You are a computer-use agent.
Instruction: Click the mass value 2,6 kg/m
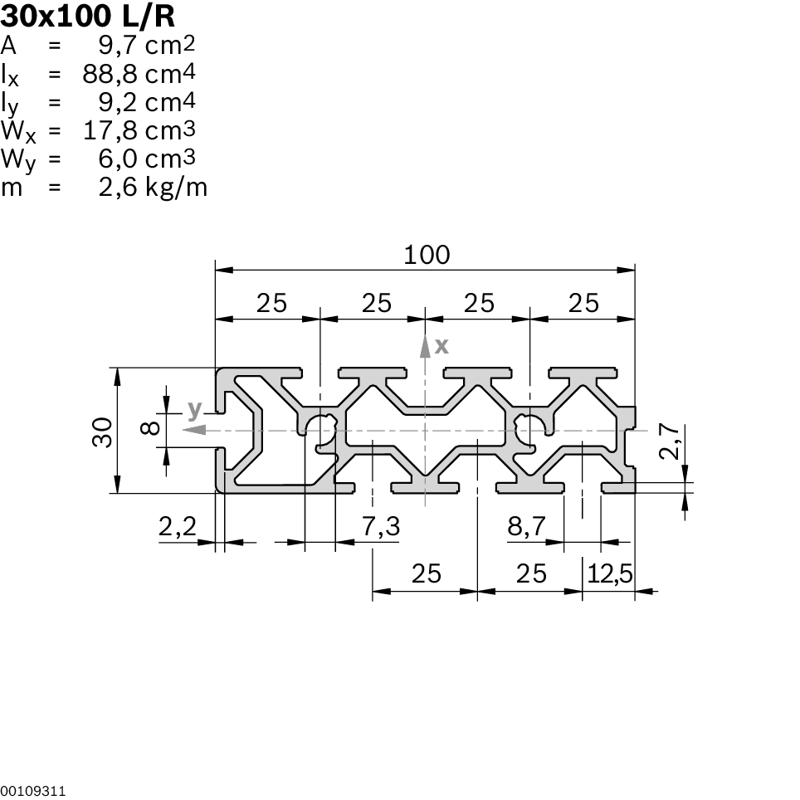coord(153,188)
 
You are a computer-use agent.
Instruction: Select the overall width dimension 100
coord(427,254)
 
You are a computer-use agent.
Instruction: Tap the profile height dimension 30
coord(102,432)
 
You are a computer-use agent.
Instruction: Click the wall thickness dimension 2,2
coord(176,525)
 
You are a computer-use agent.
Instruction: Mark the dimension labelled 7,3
coord(381,525)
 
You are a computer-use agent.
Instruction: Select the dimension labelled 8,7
coord(526,525)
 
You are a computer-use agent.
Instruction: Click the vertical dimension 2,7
coord(671,441)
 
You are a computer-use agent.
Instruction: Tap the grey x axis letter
coord(441,344)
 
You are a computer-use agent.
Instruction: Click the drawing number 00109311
coord(33,791)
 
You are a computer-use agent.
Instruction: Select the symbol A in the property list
coord(9,45)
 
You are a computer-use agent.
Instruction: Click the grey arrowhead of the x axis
coord(425,344)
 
